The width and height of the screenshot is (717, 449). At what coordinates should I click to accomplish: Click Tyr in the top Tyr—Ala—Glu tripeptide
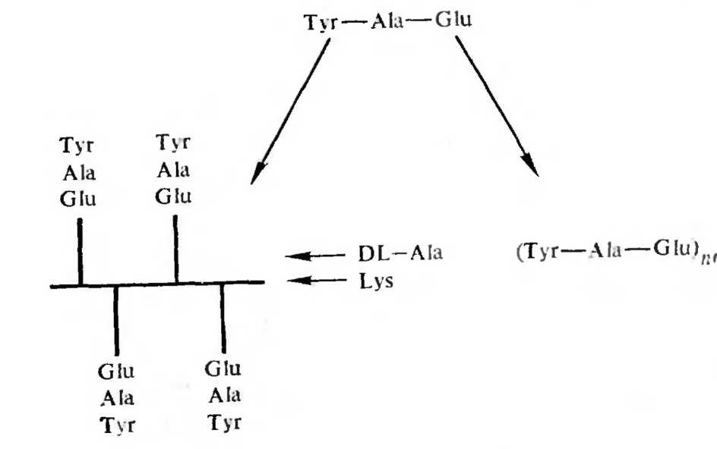click(x=320, y=21)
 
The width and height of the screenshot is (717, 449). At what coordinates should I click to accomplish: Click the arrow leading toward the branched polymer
click(x=293, y=110)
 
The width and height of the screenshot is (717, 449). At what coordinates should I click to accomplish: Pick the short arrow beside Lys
click(x=312, y=281)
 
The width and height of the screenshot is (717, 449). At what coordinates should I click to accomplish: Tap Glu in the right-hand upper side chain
click(x=174, y=198)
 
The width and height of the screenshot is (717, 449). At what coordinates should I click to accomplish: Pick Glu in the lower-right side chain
click(x=223, y=369)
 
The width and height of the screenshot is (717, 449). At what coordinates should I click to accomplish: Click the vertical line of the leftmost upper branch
click(x=81, y=250)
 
